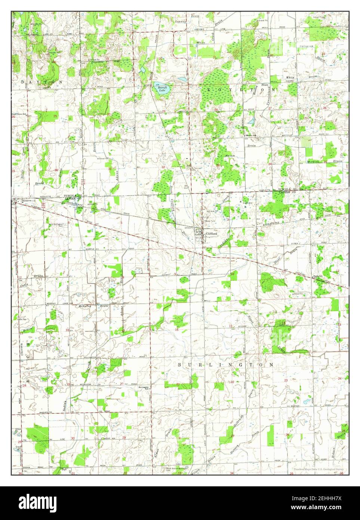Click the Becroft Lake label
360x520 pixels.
[161, 89]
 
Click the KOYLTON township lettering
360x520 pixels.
[239, 90]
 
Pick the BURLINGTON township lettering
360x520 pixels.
[225, 364]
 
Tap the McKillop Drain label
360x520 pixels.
[92, 306]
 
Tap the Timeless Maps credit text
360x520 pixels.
[318, 468]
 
